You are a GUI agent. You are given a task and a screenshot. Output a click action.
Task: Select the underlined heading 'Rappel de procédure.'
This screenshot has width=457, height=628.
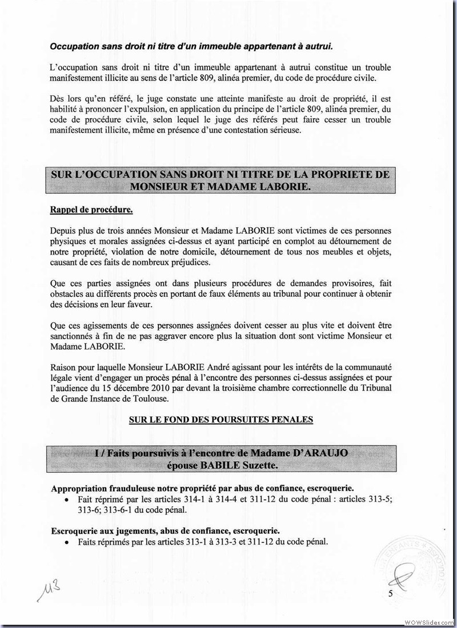(x=91, y=210)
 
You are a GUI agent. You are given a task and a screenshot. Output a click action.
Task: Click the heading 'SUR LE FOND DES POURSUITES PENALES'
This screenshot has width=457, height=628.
(x=221, y=420)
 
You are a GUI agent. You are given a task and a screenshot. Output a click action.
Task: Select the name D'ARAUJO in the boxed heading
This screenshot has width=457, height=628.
(x=329, y=453)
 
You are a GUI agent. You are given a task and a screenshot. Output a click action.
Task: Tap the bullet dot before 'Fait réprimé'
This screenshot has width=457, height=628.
(x=67, y=499)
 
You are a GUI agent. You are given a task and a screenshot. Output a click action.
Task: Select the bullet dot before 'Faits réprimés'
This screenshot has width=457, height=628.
(x=67, y=542)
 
